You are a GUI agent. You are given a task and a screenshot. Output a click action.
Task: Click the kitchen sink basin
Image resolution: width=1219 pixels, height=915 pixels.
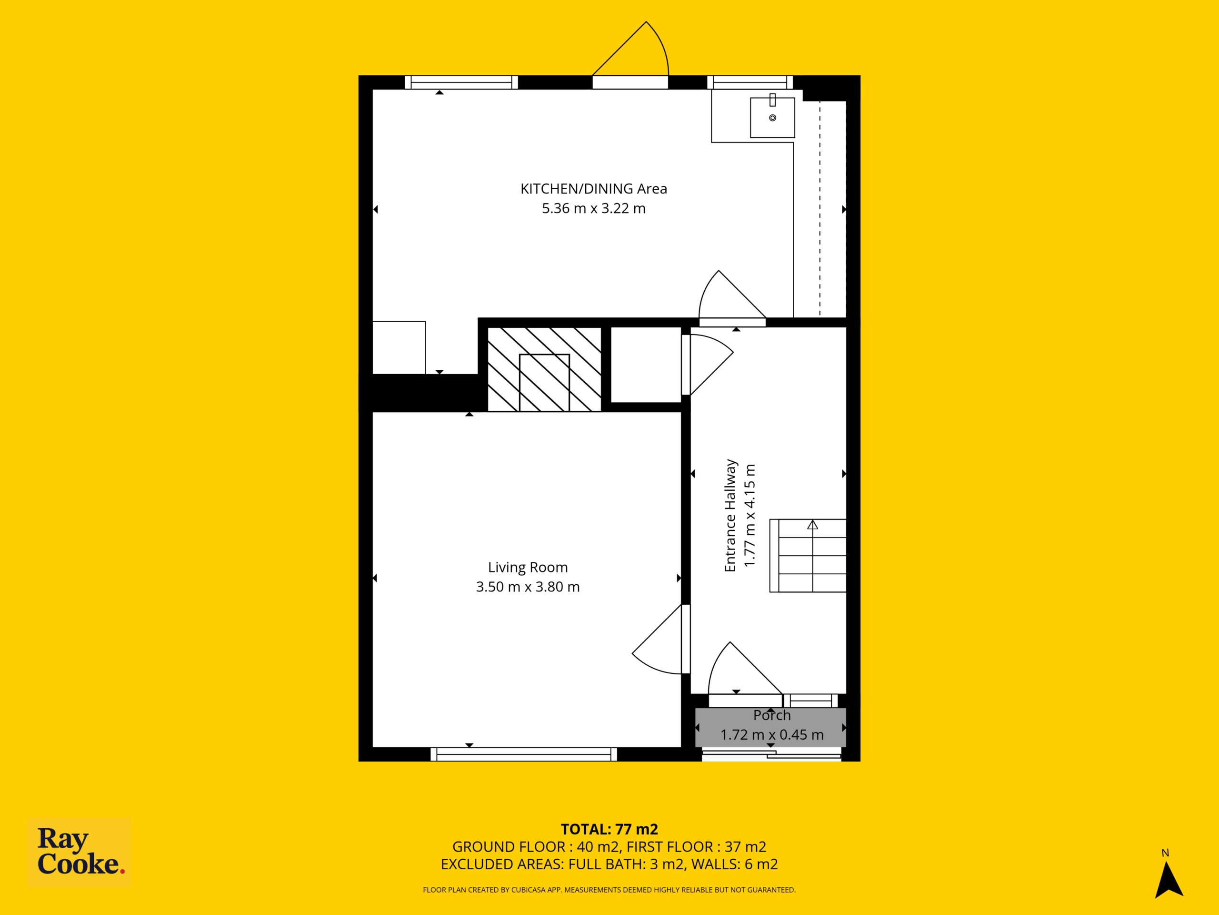coord(772,118)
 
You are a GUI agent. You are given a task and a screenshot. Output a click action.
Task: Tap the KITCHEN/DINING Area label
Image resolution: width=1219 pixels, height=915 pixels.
coord(593,189)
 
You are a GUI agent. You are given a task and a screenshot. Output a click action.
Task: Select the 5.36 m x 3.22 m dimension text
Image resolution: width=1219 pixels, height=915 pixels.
coord(593,208)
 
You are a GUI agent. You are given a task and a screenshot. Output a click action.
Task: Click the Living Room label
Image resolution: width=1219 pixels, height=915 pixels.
coord(528,568)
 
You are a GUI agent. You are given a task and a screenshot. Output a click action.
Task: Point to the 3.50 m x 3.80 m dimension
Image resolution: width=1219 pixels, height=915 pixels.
coord(528,587)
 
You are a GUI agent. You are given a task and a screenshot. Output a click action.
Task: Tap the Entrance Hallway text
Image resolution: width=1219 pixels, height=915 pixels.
coord(730,515)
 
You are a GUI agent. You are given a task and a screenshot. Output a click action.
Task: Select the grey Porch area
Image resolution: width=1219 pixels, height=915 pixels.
coord(770,727)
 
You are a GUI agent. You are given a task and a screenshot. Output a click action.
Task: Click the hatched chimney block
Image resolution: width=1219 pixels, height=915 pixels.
coord(544,369)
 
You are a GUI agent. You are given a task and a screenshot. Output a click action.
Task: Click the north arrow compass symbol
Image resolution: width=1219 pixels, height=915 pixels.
coord(1169,887)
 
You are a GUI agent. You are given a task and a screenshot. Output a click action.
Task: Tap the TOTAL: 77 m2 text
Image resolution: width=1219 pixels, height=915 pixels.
coord(609,828)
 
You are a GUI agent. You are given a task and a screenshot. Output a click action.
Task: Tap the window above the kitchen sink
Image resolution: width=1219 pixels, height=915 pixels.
coord(750,82)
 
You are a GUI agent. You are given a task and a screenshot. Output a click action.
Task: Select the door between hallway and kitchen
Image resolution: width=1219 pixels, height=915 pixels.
coord(732,322)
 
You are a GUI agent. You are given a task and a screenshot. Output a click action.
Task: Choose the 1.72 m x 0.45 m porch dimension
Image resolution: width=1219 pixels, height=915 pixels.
coord(772,735)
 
